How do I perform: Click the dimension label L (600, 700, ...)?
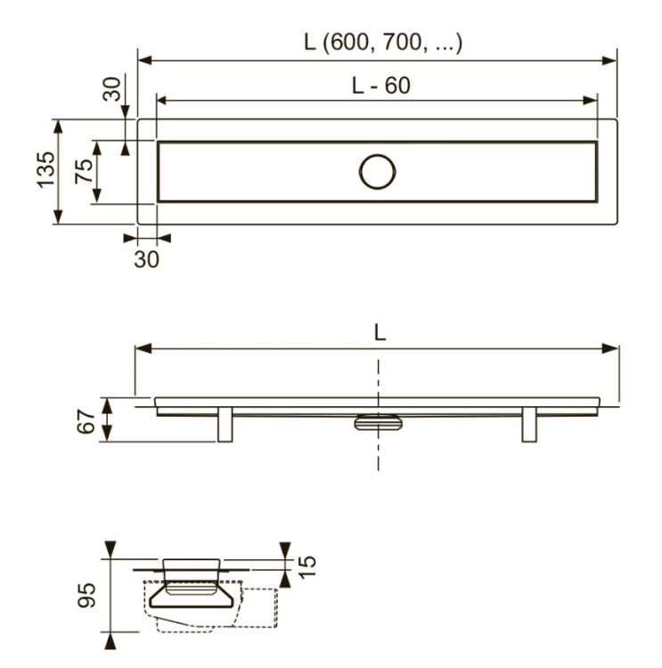[383, 43]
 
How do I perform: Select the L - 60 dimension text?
[381, 86]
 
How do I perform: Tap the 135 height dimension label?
[45, 169]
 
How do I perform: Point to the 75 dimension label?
[84, 171]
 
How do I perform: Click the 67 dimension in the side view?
[86, 421]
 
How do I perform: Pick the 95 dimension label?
[86, 595]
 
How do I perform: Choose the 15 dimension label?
[306, 567]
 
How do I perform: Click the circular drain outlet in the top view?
[377, 172]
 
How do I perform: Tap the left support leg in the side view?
[225, 425]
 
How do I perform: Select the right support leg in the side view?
[529, 425]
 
